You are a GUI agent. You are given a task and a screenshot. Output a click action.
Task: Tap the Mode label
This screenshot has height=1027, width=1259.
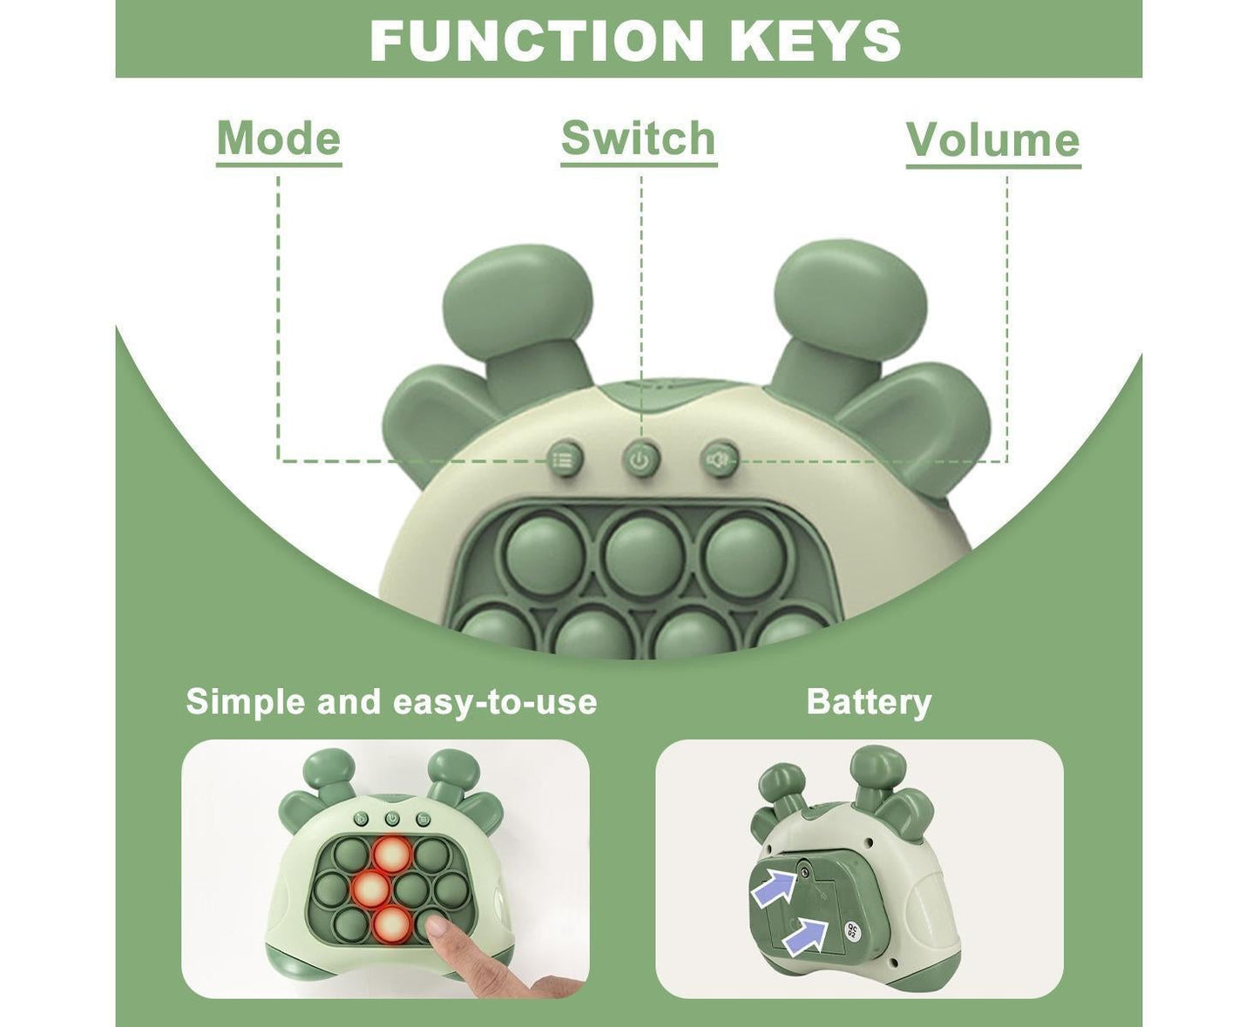point(279,139)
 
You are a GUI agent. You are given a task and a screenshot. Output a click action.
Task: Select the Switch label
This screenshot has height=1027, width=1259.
point(638,138)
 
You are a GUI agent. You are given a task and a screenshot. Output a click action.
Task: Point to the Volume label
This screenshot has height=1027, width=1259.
point(993,140)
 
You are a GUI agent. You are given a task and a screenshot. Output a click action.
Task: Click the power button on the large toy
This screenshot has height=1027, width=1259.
point(641,460)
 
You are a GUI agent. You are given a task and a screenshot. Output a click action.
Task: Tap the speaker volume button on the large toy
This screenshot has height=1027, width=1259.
point(719,459)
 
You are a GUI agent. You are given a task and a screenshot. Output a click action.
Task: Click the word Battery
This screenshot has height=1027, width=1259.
point(869,702)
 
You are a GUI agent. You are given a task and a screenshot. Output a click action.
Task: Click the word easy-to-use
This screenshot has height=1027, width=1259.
point(495,702)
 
